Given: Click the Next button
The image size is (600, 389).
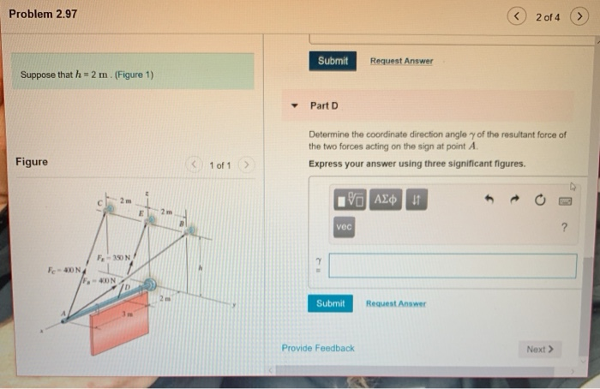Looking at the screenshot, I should coord(540,349).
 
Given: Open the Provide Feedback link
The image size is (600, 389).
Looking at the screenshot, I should coord(317,348).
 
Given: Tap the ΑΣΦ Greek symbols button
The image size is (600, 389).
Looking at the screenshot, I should coord(386,199).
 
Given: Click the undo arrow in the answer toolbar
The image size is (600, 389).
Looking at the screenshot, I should coord(489,200).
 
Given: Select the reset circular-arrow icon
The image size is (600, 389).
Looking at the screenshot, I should coord(540,200).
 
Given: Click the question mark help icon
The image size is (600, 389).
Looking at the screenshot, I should coord(563,228).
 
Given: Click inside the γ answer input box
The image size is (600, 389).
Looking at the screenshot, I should coord(452,266).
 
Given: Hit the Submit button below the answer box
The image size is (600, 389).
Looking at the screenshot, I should coord(330,303).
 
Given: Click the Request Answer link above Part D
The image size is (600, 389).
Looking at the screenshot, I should coord(401,61).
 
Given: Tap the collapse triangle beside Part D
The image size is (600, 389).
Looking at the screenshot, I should coord(294,106).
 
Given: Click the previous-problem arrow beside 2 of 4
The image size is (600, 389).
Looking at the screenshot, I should coord(519,17).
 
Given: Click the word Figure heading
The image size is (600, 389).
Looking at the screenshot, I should coord(32,162).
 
